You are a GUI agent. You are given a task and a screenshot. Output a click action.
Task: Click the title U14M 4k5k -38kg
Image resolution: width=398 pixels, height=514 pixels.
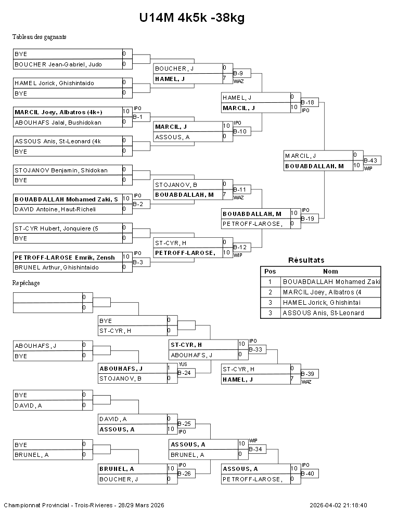tap(191, 18)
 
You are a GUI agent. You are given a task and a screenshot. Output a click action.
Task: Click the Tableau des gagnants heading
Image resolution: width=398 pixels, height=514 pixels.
tap(40, 37)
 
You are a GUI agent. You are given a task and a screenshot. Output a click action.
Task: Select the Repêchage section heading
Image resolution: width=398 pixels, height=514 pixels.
tap(27, 283)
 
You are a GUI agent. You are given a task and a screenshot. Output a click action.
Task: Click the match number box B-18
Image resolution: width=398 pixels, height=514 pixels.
tap(309, 102)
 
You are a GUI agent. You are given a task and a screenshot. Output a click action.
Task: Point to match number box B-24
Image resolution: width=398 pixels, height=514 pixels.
tap(186, 373)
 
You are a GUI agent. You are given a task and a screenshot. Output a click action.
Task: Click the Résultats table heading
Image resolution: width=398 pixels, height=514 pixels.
tap(306, 260)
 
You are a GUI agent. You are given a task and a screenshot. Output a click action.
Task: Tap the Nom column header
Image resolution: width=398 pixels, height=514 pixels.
tap(330, 271)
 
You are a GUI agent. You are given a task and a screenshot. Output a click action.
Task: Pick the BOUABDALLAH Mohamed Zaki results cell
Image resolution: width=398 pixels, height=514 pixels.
tap(330, 281)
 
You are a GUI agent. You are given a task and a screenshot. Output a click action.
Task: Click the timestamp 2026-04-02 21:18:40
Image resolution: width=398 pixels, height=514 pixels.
tap(338, 505)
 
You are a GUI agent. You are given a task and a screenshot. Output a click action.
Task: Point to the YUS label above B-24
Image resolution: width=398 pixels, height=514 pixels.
tap(183, 364)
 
